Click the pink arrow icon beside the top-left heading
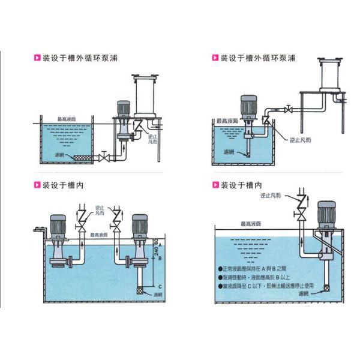[x=37, y=58]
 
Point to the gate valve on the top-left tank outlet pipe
[x=106, y=157]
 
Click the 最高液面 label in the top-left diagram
[x=67, y=119]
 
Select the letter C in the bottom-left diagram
[x=159, y=286]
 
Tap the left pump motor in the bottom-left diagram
[x=58, y=226]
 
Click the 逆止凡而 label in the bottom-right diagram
[x=272, y=196]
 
